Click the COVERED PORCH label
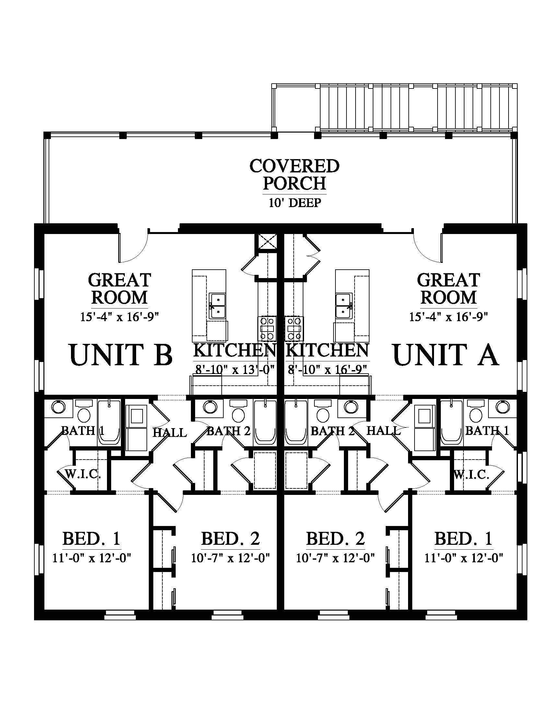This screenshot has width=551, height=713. (294, 174)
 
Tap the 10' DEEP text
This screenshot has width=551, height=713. (295, 203)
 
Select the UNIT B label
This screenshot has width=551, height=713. (121, 355)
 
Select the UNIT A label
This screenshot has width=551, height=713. (446, 355)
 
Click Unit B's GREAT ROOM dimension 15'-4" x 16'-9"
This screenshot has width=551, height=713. (120, 317)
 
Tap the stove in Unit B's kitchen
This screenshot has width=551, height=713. (267, 328)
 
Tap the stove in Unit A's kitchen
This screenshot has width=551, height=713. (294, 328)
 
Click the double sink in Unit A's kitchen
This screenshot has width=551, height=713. (344, 306)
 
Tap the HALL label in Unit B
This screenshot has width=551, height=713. (170, 433)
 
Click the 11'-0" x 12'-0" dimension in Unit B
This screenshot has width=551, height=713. (92, 558)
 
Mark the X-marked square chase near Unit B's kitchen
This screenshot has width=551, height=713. (267, 242)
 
